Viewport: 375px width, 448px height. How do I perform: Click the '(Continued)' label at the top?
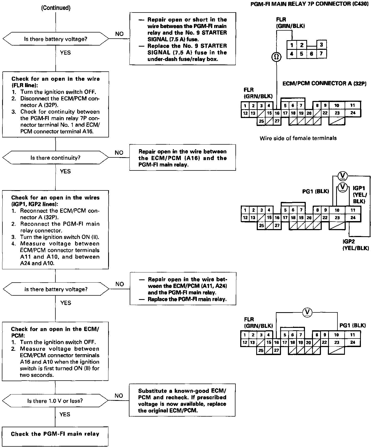[x=56, y=8]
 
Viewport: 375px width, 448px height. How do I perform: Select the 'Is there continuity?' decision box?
[x=55, y=158]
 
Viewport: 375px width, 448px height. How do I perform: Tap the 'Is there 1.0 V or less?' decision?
[x=55, y=401]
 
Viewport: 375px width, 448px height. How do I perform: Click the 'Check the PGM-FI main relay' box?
[x=55, y=434]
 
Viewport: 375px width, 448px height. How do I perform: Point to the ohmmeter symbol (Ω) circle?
[x=276, y=57]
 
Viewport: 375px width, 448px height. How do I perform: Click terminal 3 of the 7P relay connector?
[x=321, y=45]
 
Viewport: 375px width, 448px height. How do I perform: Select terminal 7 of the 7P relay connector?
[x=321, y=54]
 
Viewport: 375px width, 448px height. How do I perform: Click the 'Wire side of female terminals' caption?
[x=298, y=138]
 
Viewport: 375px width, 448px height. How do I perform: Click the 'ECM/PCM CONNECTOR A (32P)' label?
[x=324, y=83]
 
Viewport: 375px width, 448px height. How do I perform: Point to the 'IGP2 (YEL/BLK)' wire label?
[x=356, y=245]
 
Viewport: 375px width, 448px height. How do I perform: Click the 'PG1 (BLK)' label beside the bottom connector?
[x=352, y=325]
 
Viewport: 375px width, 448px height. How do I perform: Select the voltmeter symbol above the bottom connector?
[x=308, y=312]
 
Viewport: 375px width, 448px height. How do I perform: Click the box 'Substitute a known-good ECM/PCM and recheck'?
[x=182, y=401]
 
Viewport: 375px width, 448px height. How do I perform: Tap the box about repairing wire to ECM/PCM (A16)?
[x=182, y=158]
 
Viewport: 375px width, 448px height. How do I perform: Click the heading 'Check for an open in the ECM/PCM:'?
[x=55, y=332]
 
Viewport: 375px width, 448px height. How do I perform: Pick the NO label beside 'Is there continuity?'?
[x=119, y=153]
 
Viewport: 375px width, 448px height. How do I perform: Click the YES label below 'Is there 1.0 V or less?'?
[x=65, y=414]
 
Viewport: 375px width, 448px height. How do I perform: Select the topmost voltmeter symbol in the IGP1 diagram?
[x=343, y=175]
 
